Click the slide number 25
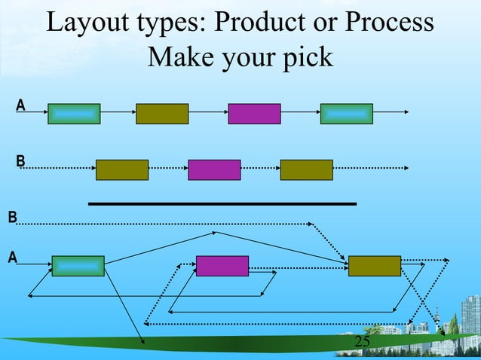[362, 343]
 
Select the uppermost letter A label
[20, 105]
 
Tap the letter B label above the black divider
[20, 160]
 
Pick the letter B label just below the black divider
[12, 218]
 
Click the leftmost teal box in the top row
[74, 114]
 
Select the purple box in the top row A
[254, 114]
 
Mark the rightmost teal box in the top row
[346, 114]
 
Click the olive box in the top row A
[162, 114]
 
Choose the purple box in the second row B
[214, 170]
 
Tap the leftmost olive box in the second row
[122, 170]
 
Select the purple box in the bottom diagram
[222, 266]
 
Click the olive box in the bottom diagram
[374, 266]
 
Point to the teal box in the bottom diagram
[78, 266]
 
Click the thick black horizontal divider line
[222, 203]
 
